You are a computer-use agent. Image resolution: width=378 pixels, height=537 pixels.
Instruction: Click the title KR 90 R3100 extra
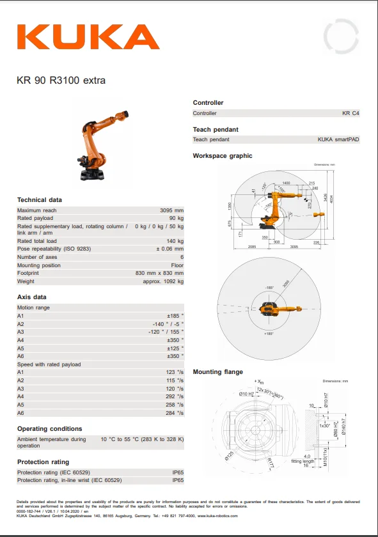[61, 81]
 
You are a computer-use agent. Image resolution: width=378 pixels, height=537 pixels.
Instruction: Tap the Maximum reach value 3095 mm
[171, 210]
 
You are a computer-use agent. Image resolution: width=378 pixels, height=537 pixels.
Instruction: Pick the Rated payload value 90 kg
[176, 218]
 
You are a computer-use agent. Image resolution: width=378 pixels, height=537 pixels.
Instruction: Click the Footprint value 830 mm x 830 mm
[159, 273]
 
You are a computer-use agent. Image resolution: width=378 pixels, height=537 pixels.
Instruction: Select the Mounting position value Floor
[177, 265]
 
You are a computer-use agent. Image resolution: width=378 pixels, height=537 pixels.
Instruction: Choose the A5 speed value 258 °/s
[175, 405]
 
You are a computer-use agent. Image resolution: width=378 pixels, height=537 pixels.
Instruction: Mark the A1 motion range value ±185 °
[175, 316]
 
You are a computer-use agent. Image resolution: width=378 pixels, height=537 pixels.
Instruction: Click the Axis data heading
[31, 297]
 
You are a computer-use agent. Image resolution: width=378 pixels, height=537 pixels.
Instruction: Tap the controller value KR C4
[351, 113]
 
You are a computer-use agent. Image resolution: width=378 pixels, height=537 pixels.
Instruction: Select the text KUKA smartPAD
[338, 139]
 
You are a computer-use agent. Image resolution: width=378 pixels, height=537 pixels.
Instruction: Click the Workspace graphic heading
[223, 156]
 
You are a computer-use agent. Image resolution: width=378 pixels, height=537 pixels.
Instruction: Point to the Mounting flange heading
[218, 372]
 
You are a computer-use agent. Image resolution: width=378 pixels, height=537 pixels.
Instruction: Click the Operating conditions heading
[49, 428]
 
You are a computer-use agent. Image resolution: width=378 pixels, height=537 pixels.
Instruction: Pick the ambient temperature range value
[142, 439]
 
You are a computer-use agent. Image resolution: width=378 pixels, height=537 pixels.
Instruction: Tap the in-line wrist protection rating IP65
[178, 480]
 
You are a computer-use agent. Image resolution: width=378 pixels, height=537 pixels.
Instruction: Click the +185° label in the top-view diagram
[268, 333]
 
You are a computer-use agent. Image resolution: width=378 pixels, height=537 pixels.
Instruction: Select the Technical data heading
[40, 200]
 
